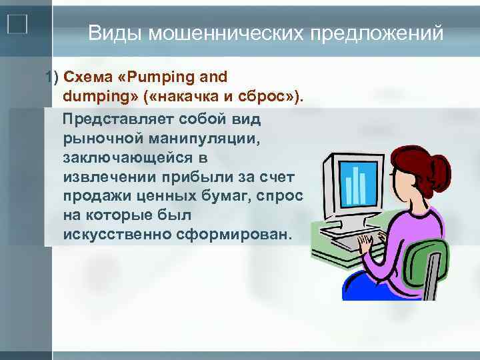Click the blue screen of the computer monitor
click(359, 184)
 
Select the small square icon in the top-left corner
click(17, 24)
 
